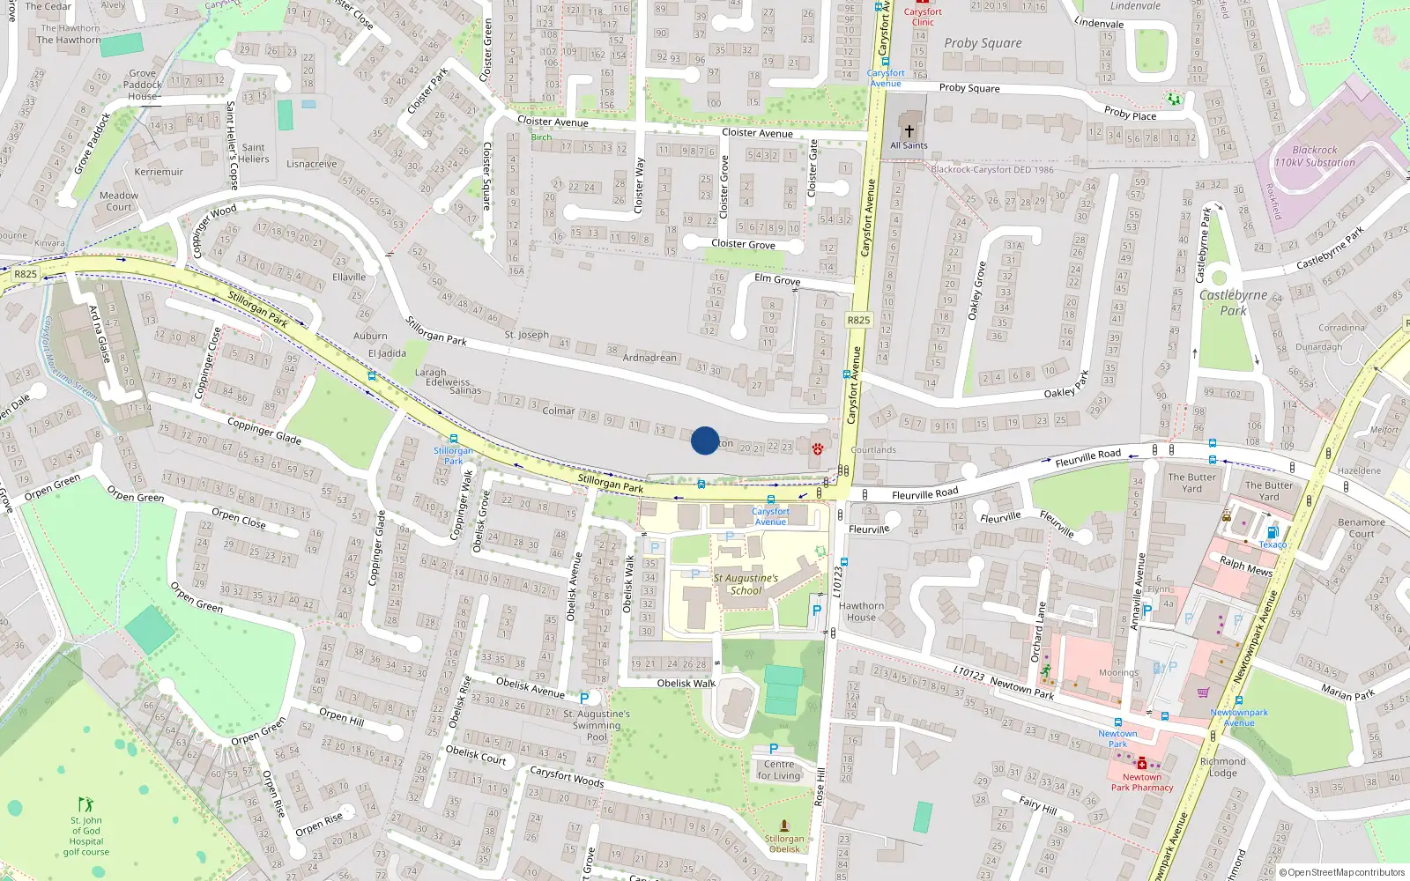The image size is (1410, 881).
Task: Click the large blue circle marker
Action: pos(705,440)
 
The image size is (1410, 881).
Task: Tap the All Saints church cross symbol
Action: pos(909,130)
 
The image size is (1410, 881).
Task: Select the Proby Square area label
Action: pos(983,42)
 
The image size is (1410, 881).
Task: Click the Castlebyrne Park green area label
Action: pos(1233,302)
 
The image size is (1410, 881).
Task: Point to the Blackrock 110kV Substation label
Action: pos(1314,156)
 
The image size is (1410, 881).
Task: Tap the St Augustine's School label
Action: pos(746,584)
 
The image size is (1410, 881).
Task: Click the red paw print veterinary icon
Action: pos(818,448)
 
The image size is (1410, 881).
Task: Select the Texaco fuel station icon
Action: pos(1272,532)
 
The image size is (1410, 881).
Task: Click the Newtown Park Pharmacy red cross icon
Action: pos(1142,763)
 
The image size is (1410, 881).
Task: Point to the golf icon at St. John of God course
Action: pos(85,804)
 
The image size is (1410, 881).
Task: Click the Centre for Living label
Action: pos(779,770)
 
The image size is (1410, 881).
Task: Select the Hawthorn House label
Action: pos(861,611)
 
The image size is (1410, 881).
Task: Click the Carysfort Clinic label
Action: pos(923,17)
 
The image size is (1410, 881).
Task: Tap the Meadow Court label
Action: pos(119,201)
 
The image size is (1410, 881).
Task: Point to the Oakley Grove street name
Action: pos(976,291)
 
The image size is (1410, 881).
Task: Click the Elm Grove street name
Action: pos(777,279)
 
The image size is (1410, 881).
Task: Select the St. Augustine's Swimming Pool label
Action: pos(597,725)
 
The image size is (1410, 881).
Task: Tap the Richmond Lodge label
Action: pos(1222,766)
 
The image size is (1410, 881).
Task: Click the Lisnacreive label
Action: pos(311,164)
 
